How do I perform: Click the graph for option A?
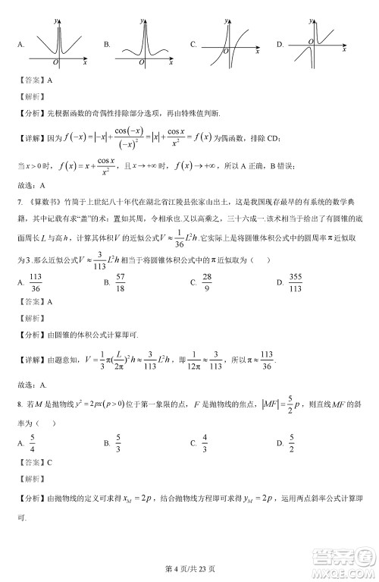[60, 42]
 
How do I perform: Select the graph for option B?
[143, 42]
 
